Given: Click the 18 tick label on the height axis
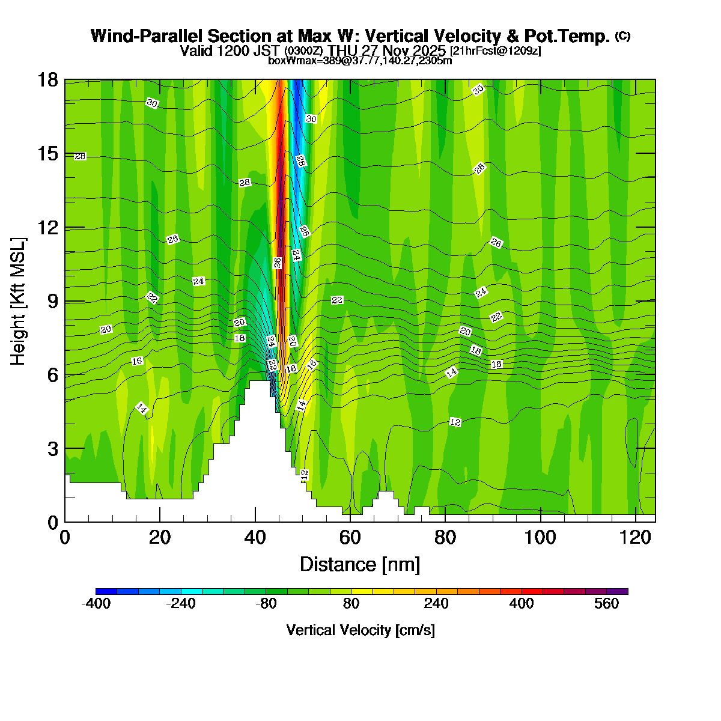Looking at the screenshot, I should pos(48,80).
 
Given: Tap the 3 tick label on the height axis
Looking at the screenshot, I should pos(52,449).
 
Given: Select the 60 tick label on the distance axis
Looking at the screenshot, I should pos(350,537).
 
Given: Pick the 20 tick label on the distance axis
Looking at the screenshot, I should pos(160,537).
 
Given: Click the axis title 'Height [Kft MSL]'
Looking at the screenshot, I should pos(19,301).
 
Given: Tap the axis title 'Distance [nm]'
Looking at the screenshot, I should pos(359,565).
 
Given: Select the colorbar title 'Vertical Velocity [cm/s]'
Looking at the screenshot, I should pos(360,630).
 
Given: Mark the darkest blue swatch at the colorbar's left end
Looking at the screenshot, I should pos(106,592).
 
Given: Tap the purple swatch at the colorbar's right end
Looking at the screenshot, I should pos(618,592).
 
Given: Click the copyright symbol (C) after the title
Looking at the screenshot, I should pos(622,36).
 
